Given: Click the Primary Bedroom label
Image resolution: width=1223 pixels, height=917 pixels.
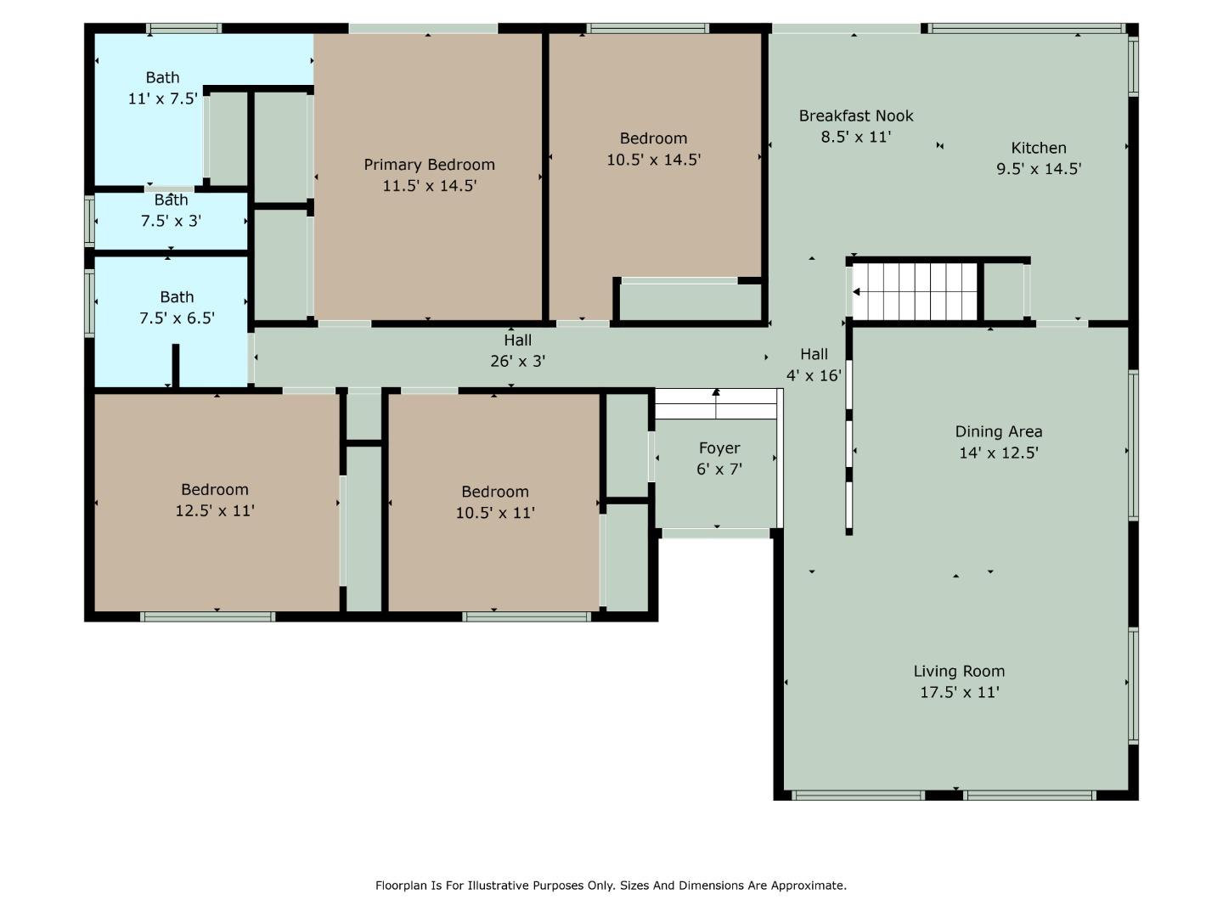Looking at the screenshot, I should point(429,165).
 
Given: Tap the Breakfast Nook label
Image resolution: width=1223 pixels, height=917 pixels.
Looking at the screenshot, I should point(855,116).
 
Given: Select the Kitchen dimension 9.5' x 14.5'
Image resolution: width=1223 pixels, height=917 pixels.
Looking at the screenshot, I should point(1038,169).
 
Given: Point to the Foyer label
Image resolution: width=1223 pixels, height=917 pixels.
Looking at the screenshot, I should point(719,448).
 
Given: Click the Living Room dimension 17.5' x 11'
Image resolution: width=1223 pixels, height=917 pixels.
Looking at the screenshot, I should point(959,692).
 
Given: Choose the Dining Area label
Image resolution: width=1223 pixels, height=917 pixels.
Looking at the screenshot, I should point(998,431).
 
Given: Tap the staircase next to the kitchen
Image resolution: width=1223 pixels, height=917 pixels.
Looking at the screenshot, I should point(916,291).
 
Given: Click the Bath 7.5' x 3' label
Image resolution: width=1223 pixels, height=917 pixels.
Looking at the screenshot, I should point(171,200).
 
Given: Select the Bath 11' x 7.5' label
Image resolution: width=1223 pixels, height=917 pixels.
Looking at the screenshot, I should point(161,78).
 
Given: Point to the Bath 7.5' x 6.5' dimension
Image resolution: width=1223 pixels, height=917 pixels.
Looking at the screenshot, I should point(177,318).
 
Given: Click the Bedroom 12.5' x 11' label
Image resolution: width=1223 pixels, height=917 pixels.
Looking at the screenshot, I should point(214,490).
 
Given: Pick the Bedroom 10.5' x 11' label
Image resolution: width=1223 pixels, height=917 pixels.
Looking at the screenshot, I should point(494,492).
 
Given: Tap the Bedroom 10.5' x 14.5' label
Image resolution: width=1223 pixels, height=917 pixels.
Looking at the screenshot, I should point(652,138).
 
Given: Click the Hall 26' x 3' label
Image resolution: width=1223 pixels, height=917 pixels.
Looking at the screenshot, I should point(517,340).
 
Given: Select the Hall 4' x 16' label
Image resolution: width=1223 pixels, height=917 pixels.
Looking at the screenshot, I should point(813,355).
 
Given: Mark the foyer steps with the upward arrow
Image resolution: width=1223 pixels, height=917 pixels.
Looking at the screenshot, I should point(716,404).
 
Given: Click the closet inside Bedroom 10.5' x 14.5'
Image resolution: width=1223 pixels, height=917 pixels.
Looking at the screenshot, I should point(690,302).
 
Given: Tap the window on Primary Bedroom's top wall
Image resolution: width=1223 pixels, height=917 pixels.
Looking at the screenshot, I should point(423,29).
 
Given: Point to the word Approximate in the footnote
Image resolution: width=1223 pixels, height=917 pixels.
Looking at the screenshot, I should point(808,886).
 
